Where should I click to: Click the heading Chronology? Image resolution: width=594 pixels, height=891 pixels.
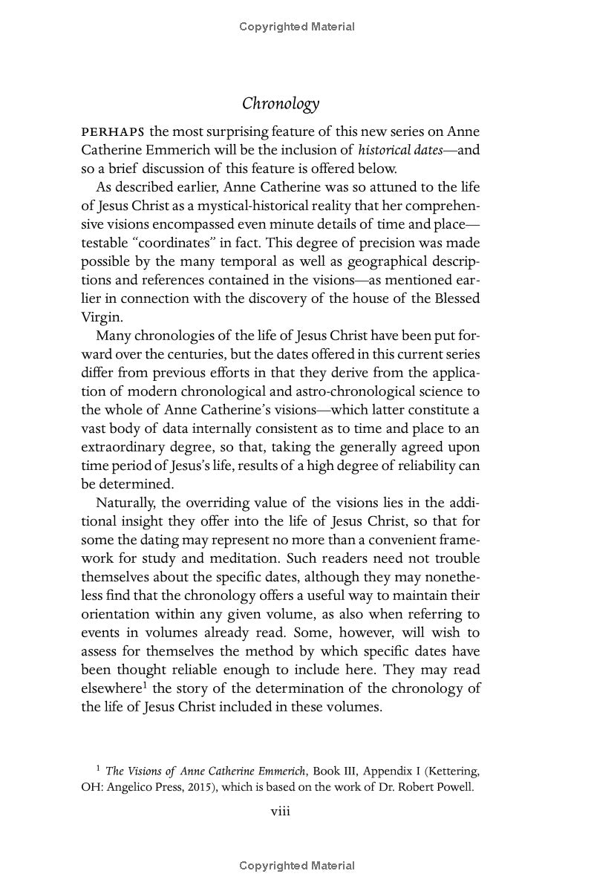(281, 104)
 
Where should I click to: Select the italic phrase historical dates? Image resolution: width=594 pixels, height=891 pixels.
(398, 150)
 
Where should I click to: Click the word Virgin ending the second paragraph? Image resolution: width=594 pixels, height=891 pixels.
(101, 317)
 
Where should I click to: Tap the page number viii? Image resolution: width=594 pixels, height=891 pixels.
(280, 811)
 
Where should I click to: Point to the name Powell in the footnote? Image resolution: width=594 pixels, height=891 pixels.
(454, 786)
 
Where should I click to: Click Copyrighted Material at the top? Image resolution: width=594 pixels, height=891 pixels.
(297, 27)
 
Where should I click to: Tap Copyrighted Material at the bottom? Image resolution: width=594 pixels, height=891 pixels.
(297, 866)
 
